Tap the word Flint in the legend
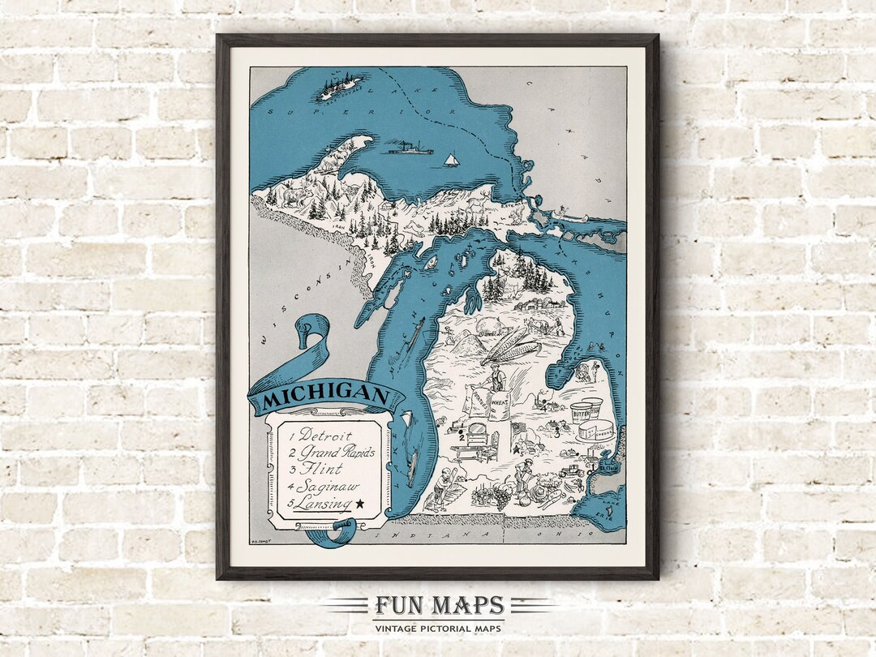point(320,469)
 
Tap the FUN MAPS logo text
point(439,606)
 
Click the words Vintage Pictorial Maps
point(439,628)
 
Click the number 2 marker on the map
point(461,438)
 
